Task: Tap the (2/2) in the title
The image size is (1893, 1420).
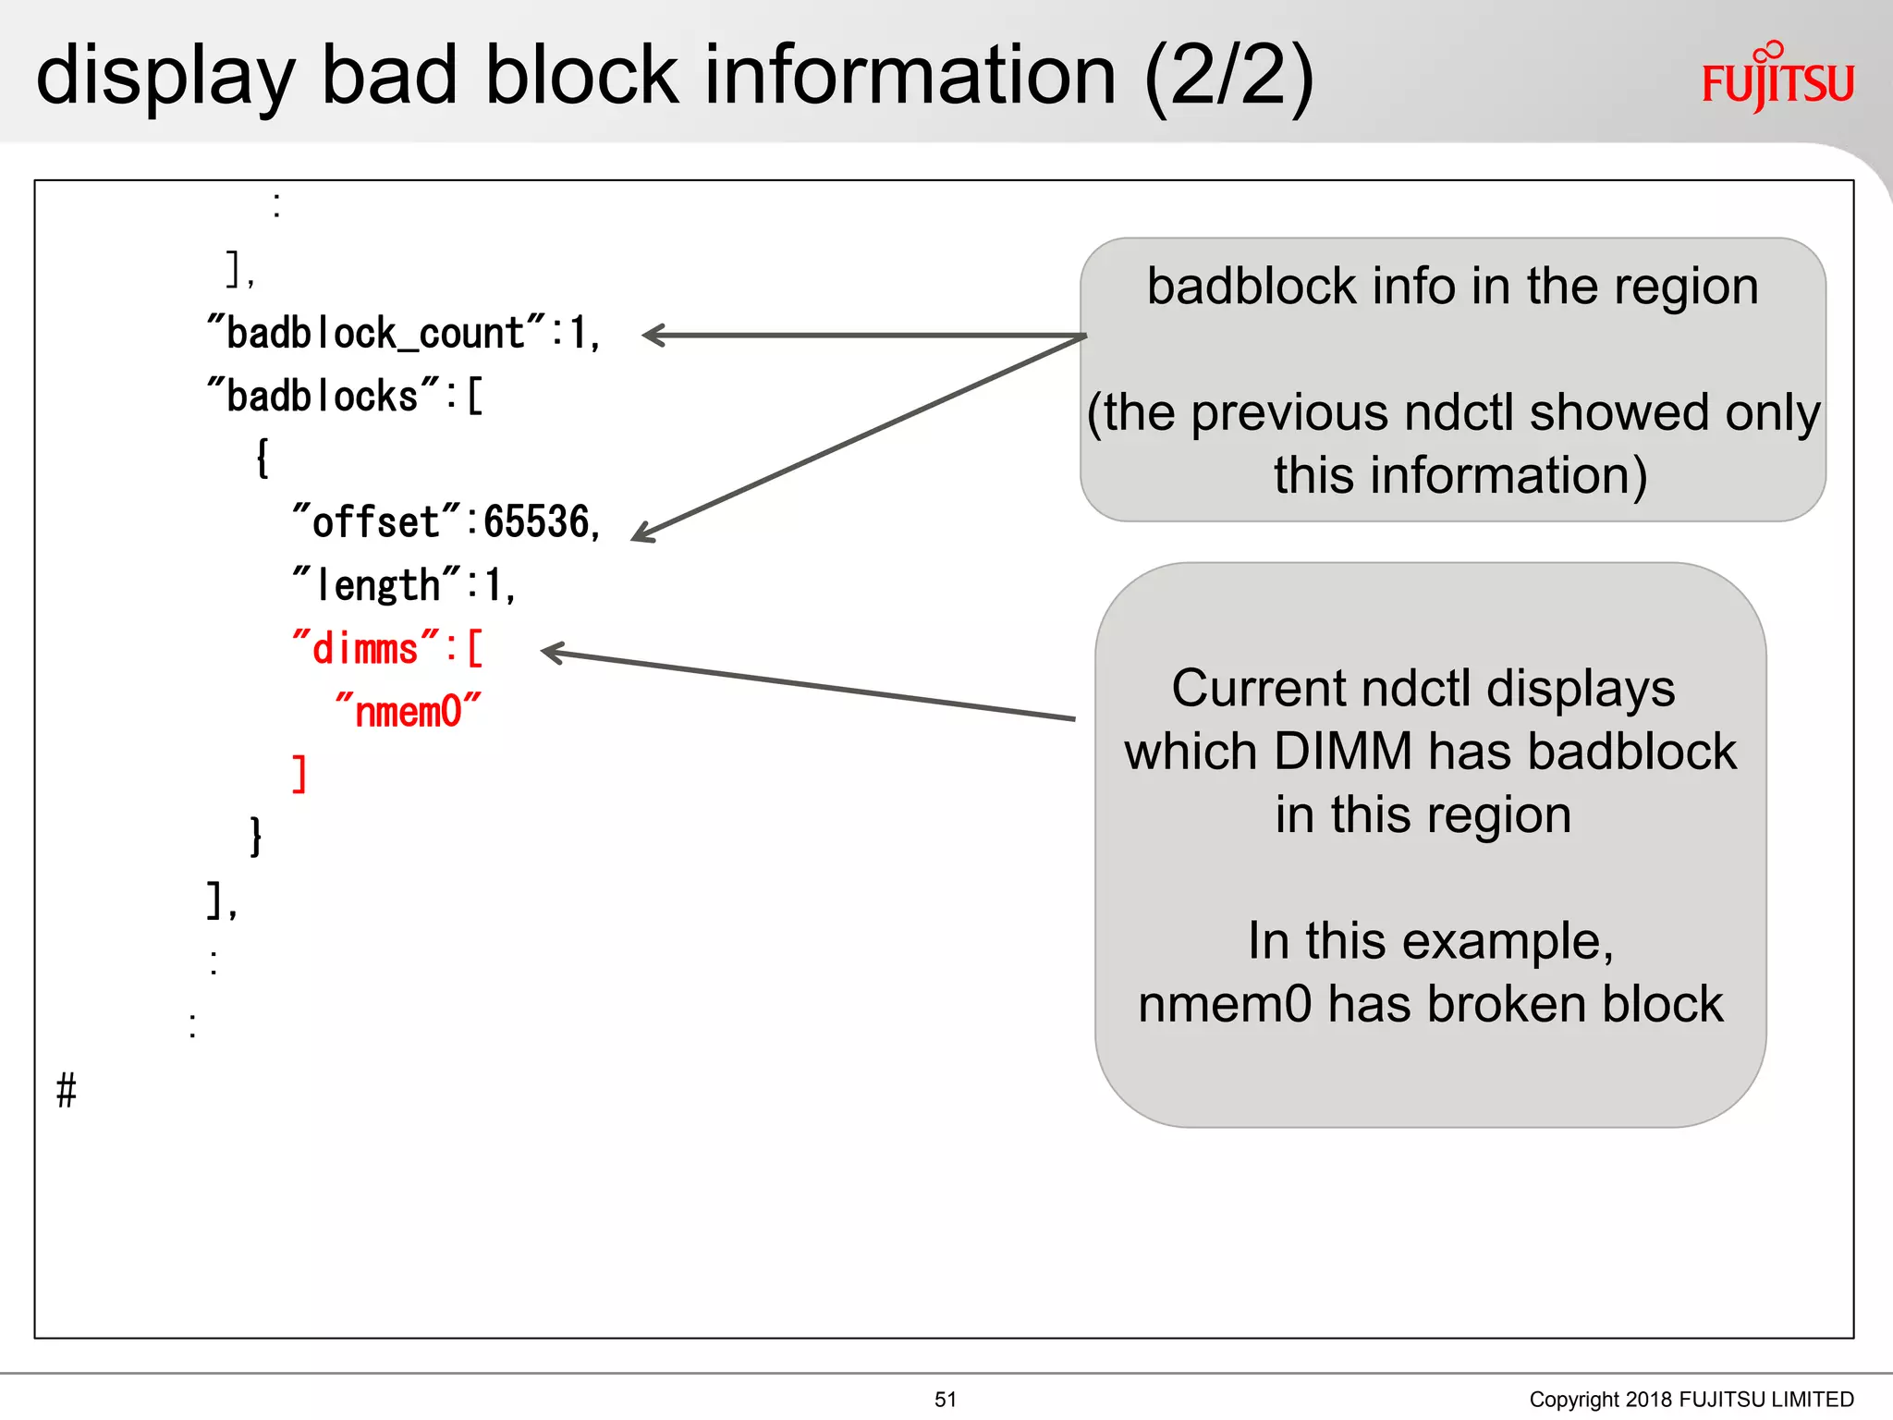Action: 1228,78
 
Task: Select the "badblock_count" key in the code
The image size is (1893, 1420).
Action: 377,334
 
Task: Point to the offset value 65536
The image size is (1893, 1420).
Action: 536,522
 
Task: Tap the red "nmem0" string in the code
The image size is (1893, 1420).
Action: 408,712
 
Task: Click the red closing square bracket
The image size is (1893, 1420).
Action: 299,774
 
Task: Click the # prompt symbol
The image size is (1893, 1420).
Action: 67,1091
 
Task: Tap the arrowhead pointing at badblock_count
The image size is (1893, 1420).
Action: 653,336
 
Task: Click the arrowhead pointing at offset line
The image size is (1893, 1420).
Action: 643,533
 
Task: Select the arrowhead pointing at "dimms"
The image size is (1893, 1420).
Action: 553,653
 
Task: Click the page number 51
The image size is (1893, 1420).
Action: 946,1400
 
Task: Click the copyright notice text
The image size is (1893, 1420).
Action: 1691,1400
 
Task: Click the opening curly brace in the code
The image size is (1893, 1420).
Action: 263,459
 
